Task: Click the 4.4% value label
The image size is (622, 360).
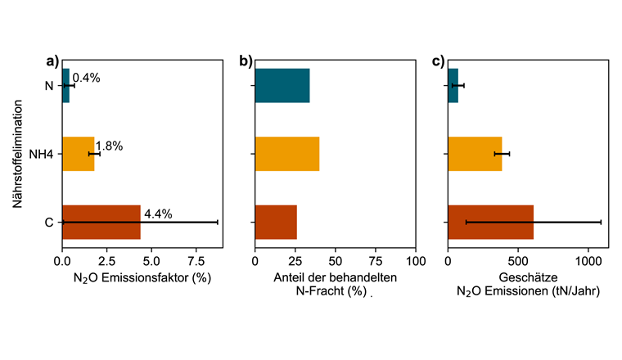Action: click(x=158, y=214)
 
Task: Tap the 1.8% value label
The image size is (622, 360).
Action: click(x=109, y=146)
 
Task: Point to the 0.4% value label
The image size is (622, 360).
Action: click(x=86, y=79)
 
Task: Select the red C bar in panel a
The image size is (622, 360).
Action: click(x=101, y=222)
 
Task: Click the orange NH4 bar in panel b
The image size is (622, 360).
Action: click(x=286, y=153)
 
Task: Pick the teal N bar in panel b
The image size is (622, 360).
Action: click(x=282, y=85)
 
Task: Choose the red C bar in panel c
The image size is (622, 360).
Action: click(x=490, y=222)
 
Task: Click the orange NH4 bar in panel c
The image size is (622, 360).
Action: click(x=475, y=153)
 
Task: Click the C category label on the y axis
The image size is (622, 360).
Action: click(x=49, y=222)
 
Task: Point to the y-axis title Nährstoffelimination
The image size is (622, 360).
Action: click(x=18, y=153)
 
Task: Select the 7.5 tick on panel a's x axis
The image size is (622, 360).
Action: click(x=196, y=261)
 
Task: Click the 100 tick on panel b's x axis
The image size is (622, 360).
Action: click(x=416, y=261)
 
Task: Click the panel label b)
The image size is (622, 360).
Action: click(x=246, y=61)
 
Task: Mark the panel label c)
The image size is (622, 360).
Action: click(x=438, y=61)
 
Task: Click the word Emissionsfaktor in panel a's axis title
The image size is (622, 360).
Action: click(x=142, y=278)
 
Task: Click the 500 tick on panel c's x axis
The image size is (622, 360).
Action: click(x=518, y=261)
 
